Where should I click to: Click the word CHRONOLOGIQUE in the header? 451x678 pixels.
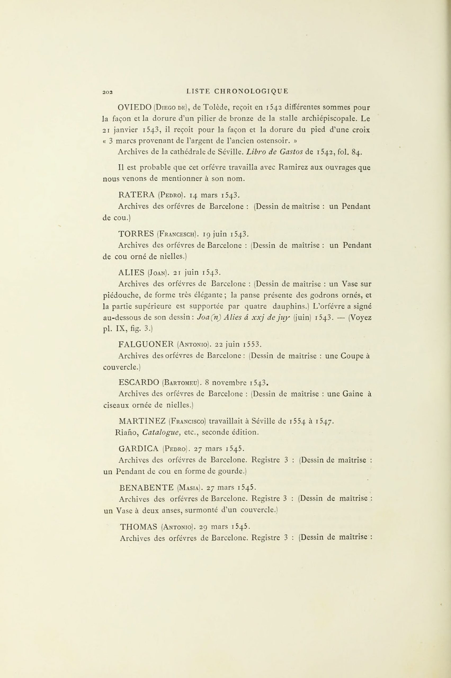click(251, 91)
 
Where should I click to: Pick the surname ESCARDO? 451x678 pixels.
click(139, 383)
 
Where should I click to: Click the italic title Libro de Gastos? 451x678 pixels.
click(274, 152)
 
